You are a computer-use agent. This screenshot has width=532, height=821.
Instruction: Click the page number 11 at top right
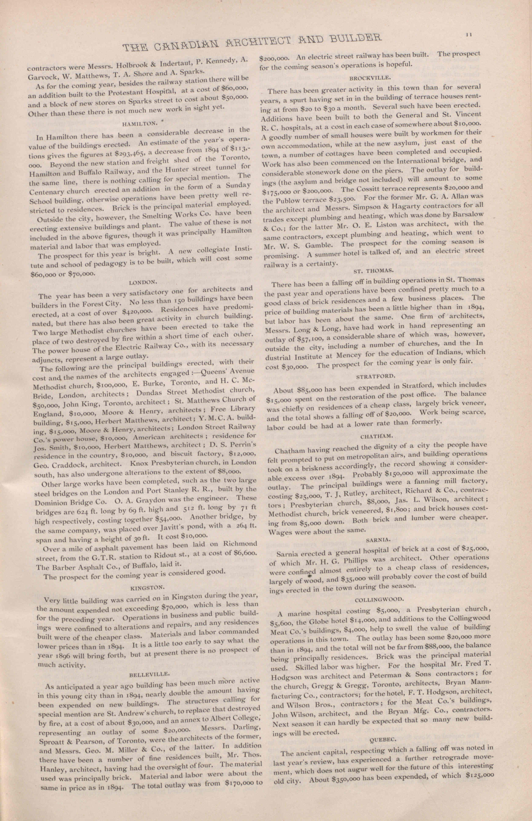pos(468,34)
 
